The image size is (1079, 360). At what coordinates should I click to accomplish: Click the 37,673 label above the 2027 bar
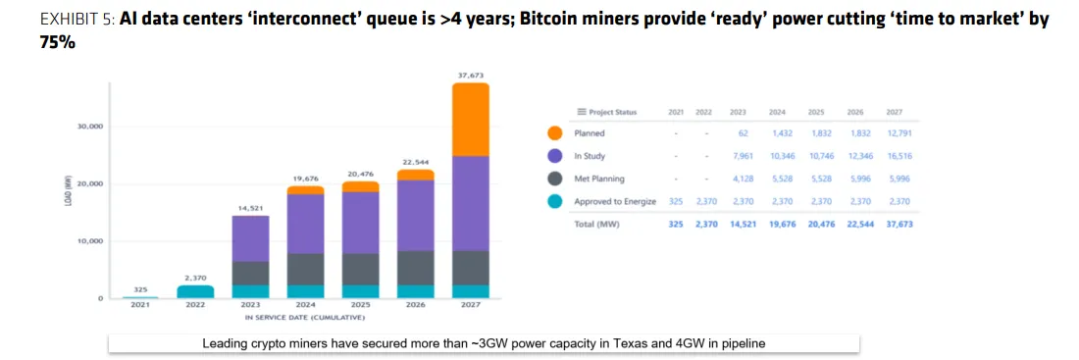click(x=470, y=76)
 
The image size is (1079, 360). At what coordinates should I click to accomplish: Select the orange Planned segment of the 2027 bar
click(x=470, y=119)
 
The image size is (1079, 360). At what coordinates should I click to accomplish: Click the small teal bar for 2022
click(x=195, y=291)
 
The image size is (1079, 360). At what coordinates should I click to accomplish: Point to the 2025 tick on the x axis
click(x=360, y=305)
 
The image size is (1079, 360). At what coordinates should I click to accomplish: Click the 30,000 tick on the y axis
click(x=91, y=127)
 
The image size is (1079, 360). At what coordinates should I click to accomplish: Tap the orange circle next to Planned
click(x=555, y=133)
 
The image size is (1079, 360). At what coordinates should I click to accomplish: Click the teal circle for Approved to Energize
click(x=555, y=201)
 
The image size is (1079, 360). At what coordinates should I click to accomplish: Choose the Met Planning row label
click(x=600, y=179)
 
